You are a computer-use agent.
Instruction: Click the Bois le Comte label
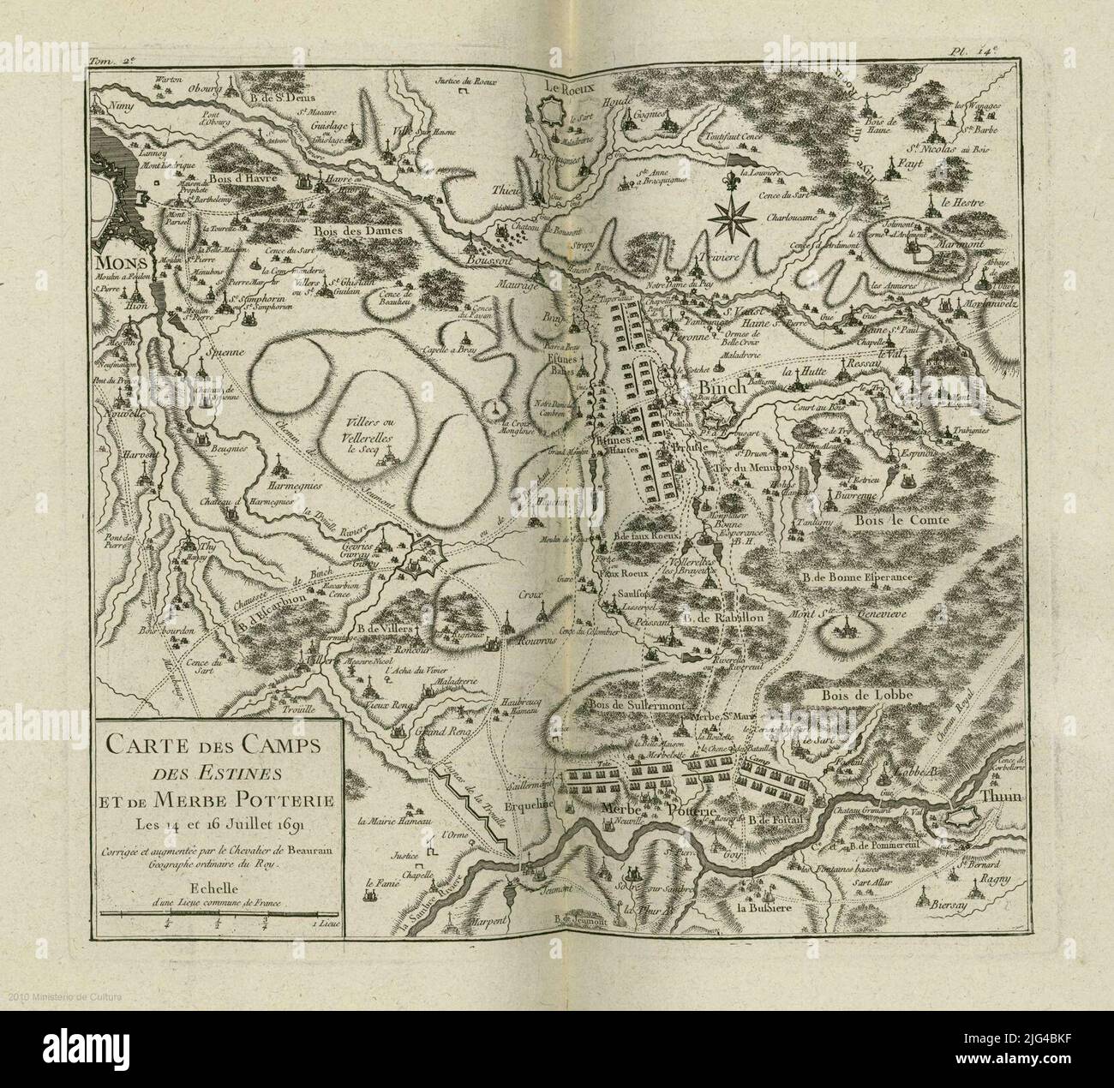tap(895, 519)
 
